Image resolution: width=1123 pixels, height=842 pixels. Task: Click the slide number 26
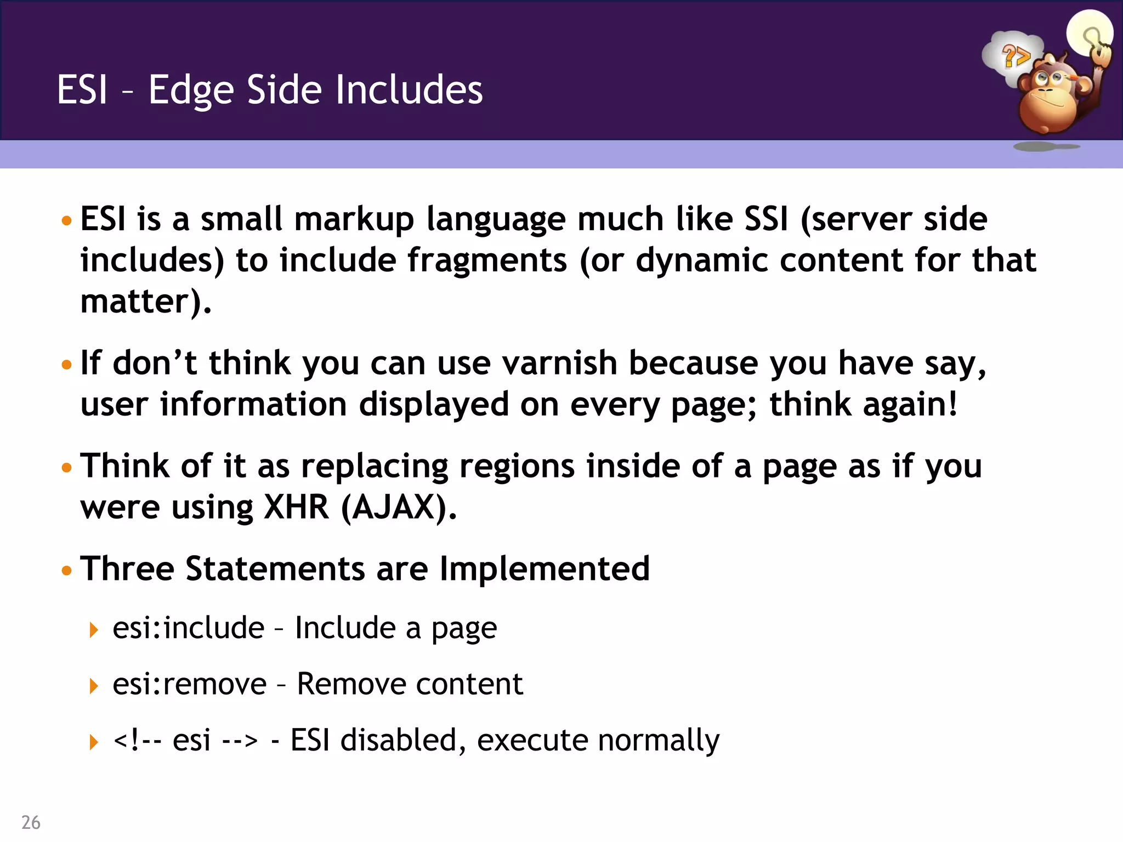tap(31, 822)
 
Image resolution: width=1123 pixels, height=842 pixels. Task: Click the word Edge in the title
tap(191, 90)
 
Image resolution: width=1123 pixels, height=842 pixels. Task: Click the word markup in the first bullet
tap(354, 219)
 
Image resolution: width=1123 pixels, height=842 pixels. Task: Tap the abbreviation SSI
tap(766, 219)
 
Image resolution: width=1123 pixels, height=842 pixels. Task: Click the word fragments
tap(487, 260)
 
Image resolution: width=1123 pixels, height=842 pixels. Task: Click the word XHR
tap(296, 507)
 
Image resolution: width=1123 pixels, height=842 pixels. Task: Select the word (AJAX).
tap(399, 508)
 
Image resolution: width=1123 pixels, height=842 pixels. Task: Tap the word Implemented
tap(545, 568)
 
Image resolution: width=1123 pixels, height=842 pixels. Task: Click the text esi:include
tap(189, 628)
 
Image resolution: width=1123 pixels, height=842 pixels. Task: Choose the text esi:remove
tap(189, 684)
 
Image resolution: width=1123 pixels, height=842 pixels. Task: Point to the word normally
tap(658, 741)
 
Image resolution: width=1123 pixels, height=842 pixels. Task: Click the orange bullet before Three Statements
tap(67, 571)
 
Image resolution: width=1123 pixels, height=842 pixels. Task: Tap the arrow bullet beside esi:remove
tap(94, 685)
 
